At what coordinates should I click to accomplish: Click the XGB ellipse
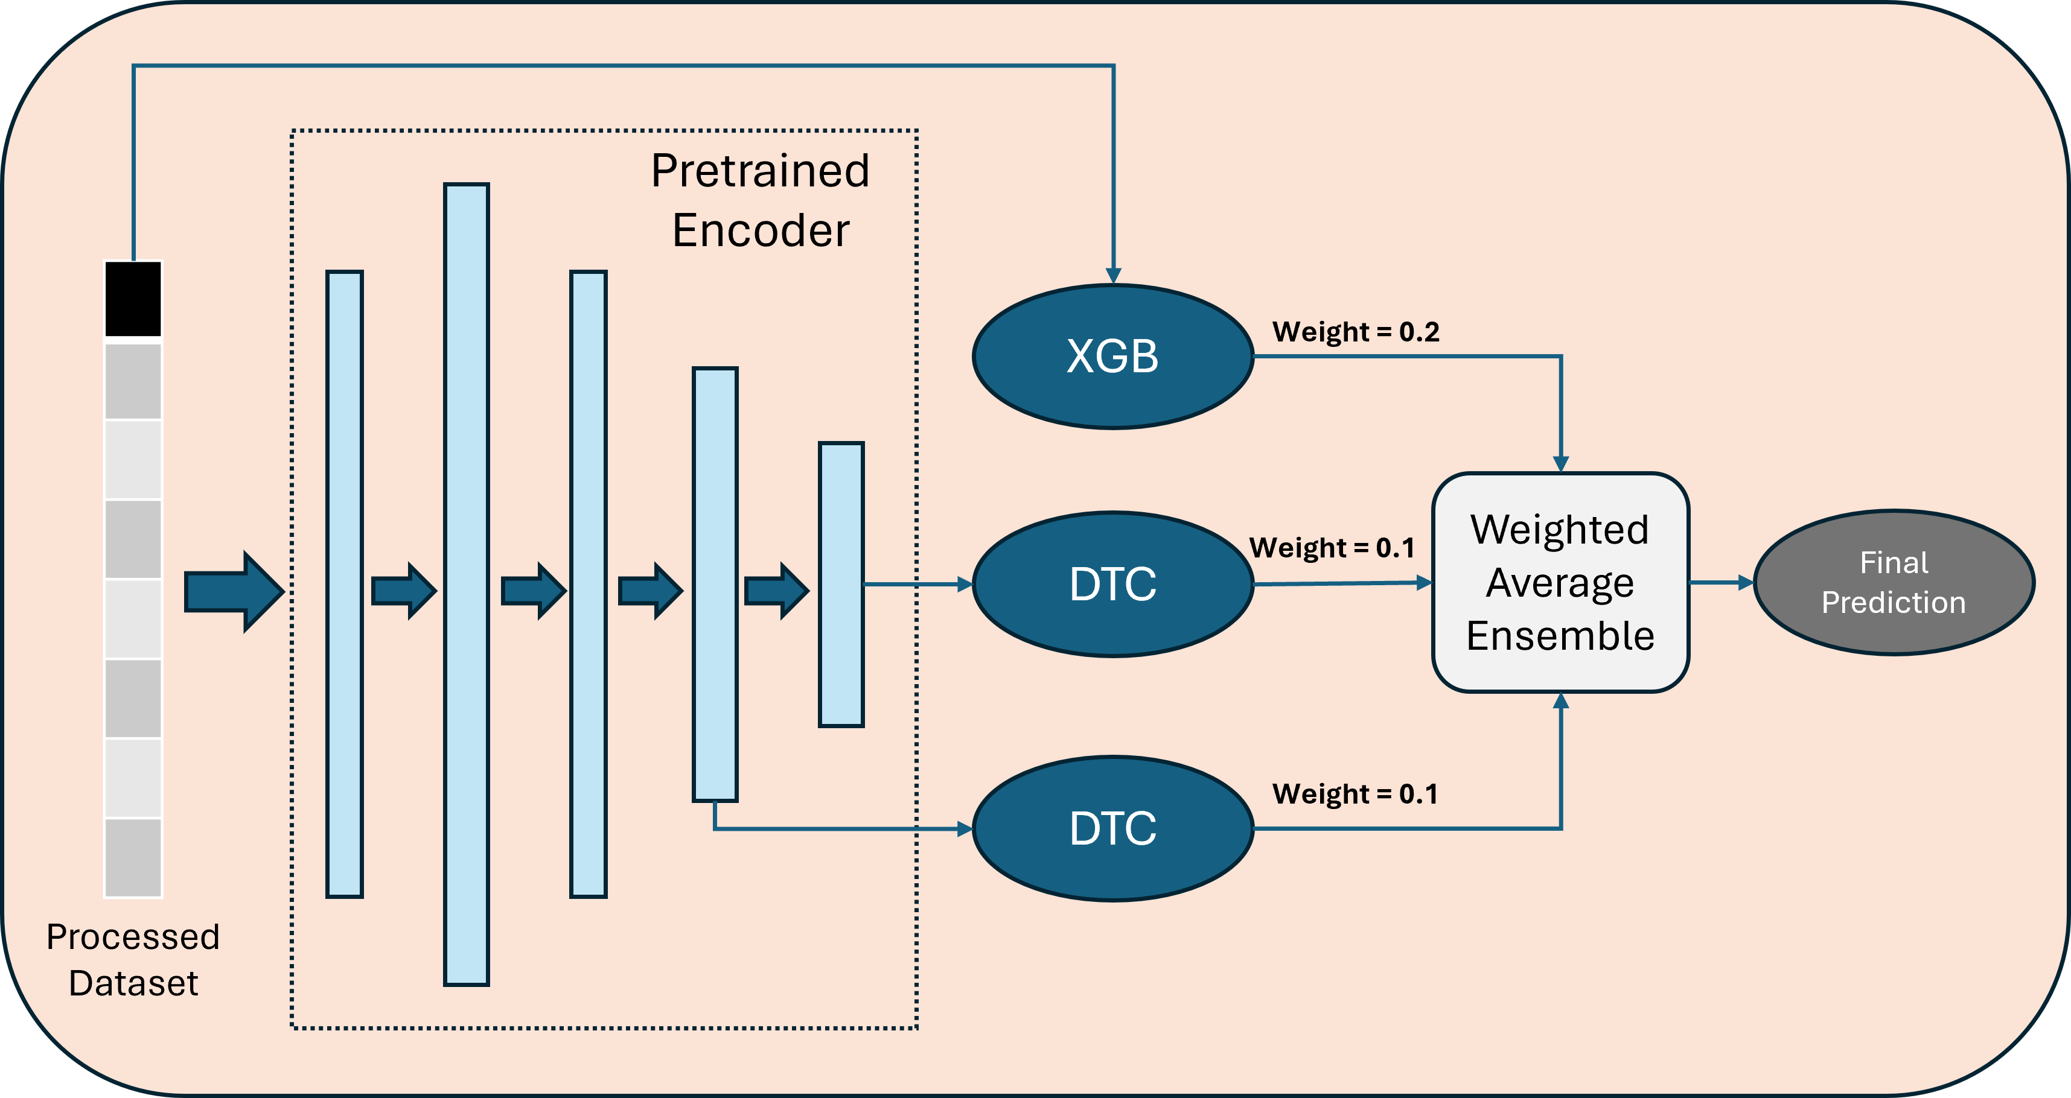(1112, 356)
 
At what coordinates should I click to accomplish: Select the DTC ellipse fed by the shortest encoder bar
(1112, 585)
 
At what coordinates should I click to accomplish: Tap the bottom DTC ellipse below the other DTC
(1112, 829)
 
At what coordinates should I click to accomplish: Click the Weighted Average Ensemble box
(1560, 582)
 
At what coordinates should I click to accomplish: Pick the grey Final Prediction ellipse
(1894, 583)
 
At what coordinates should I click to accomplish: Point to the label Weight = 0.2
(1356, 332)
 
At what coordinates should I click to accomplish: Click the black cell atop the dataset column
(133, 299)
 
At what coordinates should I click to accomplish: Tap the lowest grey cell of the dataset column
(133, 857)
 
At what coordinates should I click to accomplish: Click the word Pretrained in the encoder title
(760, 171)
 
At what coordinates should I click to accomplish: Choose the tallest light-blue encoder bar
(467, 585)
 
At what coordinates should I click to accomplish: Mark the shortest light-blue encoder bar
(841, 585)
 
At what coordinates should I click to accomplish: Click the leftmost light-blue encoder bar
(344, 585)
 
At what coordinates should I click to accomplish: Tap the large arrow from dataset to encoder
(233, 592)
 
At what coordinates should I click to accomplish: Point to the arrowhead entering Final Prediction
(1746, 583)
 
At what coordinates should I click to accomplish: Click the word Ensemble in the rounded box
(1560, 636)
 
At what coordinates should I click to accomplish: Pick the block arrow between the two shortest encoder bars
(777, 591)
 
